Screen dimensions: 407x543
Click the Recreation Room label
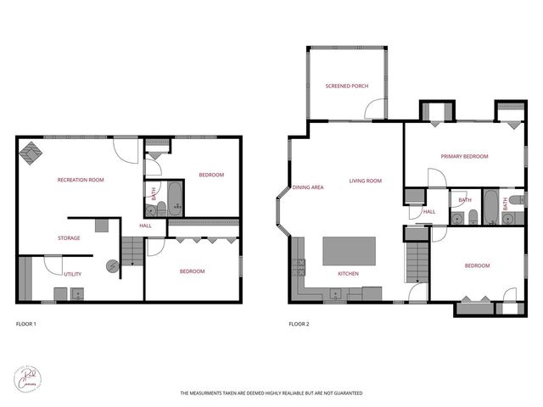click(x=81, y=180)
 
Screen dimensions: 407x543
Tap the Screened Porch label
click(x=347, y=86)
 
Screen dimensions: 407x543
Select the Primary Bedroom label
click(x=464, y=157)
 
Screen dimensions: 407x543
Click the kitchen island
click(x=350, y=251)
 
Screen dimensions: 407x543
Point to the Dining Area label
click(x=308, y=187)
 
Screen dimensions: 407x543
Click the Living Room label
click(x=366, y=181)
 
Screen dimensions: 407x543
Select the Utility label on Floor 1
click(x=73, y=274)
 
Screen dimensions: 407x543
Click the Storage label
click(x=69, y=238)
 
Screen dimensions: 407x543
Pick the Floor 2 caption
click(x=299, y=324)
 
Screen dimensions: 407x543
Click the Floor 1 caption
click(x=26, y=324)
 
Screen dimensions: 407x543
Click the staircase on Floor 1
click(x=130, y=252)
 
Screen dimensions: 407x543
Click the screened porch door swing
click(x=373, y=109)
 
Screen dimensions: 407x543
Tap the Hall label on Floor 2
click(x=429, y=212)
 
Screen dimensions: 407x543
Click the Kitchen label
click(x=349, y=274)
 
